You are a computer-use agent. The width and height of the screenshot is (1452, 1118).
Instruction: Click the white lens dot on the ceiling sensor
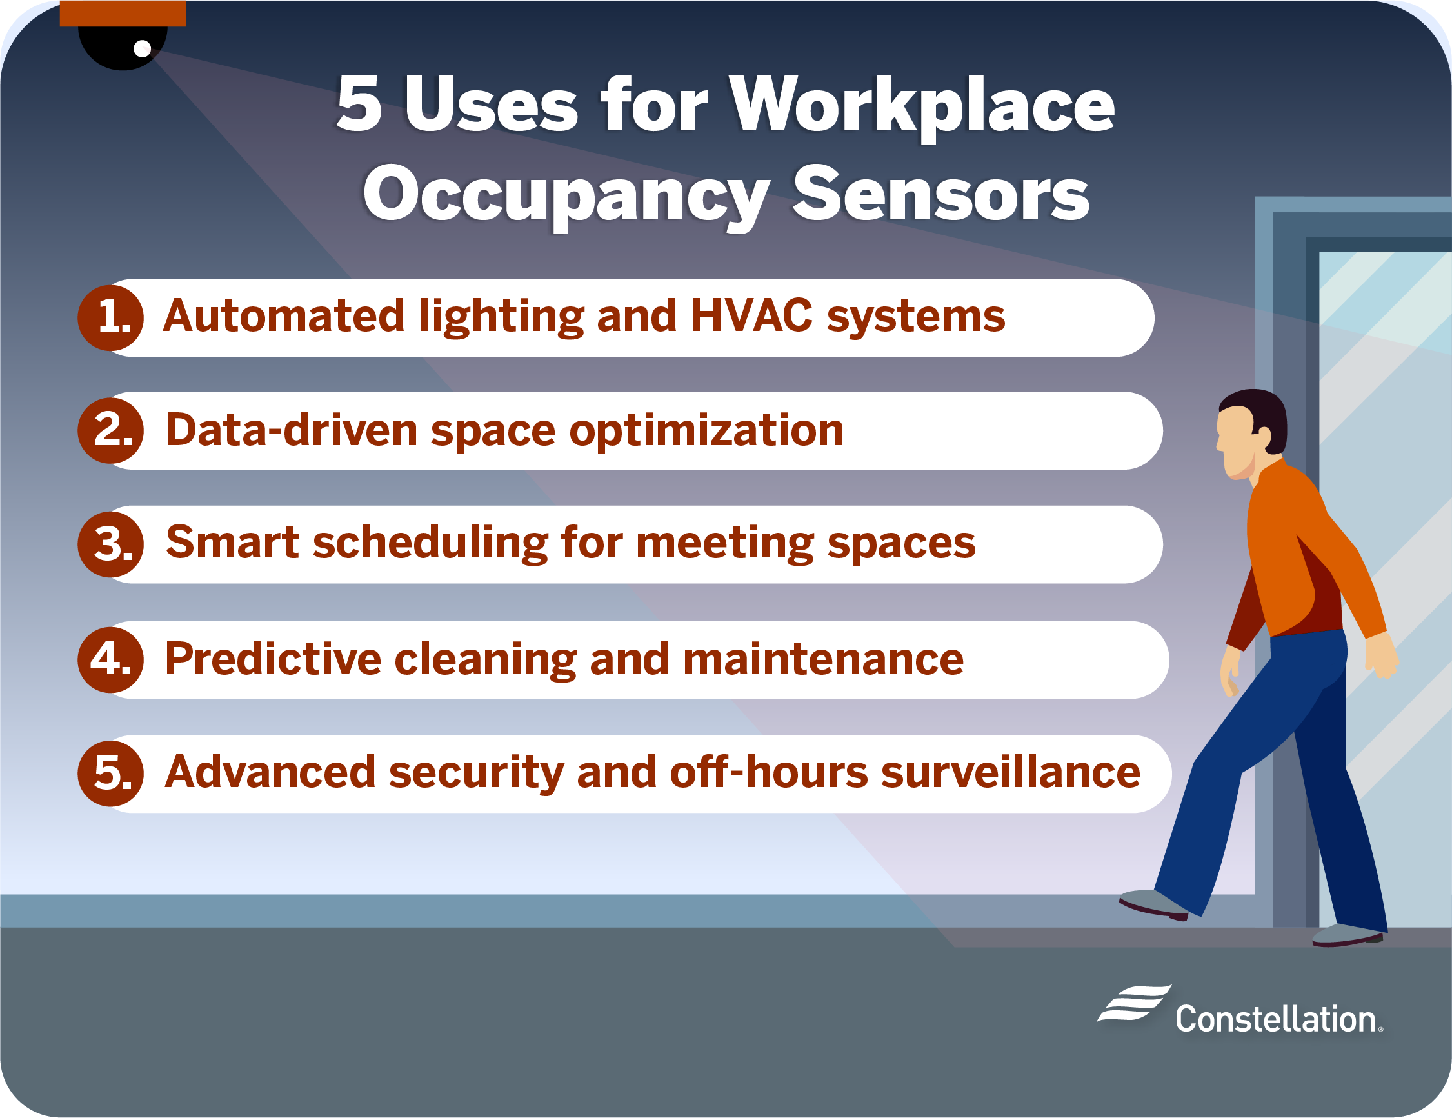tap(142, 48)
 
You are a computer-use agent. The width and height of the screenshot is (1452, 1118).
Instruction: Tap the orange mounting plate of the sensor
tap(123, 14)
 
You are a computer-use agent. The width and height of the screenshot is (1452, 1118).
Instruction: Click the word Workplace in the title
tap(922, 105)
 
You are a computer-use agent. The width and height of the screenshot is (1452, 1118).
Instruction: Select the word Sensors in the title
tap(940, 195)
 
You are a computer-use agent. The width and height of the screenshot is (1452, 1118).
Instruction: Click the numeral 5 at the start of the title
tap(360, 105)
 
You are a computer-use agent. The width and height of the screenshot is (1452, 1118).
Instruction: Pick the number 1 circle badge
tap(111, 318)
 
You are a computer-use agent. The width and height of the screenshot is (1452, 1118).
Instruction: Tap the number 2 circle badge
tap(111, 431)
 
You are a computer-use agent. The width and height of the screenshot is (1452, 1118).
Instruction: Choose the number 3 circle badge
tap(111, 544)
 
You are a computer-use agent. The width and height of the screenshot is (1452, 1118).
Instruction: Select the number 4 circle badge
tap(111, 660)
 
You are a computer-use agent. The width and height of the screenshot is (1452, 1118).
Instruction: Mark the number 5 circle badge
tap(111, 774)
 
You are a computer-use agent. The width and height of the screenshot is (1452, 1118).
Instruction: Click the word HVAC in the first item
tap(751, 315)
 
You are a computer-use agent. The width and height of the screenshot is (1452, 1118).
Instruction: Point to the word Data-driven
tap(292, 430)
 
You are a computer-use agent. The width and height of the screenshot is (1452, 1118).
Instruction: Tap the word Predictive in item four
tap(273, 659)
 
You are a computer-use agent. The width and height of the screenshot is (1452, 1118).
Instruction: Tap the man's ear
tap(1262, 435)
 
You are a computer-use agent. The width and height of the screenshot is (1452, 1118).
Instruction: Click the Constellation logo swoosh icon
tap(1134, 1003)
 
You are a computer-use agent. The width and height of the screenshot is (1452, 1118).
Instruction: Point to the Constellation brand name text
tap(1275, 1019)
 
